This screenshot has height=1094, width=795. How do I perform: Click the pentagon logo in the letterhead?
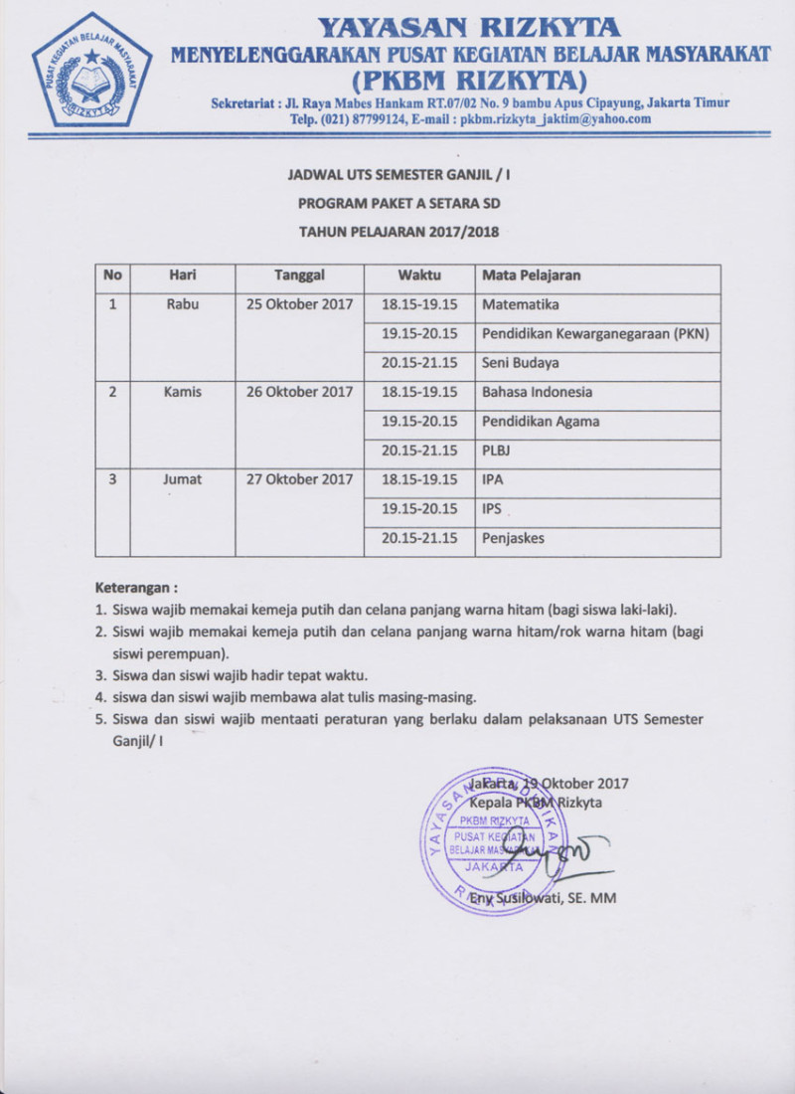(90, 70)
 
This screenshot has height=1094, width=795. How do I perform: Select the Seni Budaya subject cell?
(520, 363)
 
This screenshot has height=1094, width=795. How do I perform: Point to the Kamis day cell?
(183, 392)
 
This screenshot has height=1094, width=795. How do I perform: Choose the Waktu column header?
(419, 275)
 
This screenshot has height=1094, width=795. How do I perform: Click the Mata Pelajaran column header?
(531, 275)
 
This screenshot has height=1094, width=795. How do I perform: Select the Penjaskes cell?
(513, 539)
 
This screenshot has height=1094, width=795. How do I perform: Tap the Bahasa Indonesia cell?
(537, 392)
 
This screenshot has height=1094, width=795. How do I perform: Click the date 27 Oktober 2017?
(300, 479)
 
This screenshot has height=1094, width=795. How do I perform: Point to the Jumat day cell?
(183, 479)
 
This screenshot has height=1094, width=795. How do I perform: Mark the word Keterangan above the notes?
(136, 587)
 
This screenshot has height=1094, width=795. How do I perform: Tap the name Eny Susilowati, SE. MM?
(545, 898)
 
